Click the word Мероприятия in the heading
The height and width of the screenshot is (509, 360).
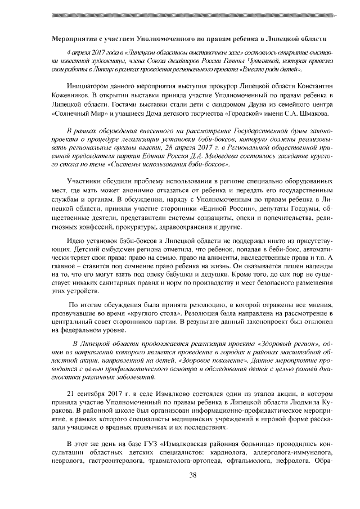click(x=72, y=40)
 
